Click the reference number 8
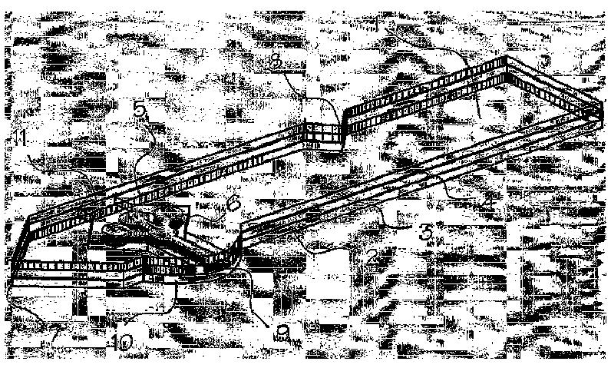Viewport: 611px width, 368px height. (x=275, y=62)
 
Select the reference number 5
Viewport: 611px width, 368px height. (x=139, y=110)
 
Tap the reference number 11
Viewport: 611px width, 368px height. (x=20, y=138)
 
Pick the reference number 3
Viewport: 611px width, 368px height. (x=425, y=234)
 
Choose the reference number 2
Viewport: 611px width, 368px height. (x=372, y=257)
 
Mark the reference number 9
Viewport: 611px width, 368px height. (x=282, y=332)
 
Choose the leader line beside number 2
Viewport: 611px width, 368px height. (x=330, y=247)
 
